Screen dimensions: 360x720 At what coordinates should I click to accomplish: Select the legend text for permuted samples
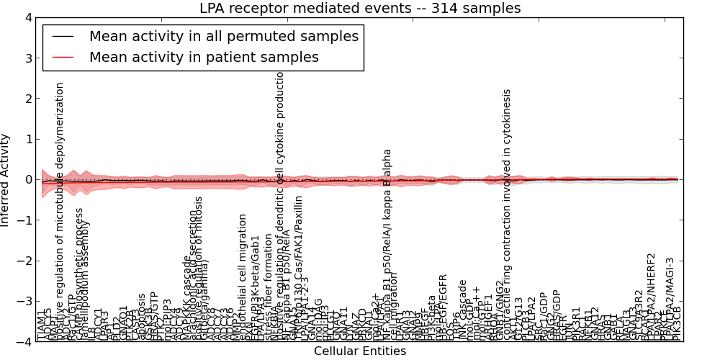point(223,36)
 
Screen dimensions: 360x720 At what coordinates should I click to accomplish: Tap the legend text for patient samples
point(204,57)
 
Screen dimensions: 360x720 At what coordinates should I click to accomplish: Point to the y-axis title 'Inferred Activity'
point(6,179)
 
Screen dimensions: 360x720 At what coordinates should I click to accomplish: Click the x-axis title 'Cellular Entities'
point(359,351)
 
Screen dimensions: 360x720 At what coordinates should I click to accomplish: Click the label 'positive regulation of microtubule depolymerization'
point(60,209)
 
